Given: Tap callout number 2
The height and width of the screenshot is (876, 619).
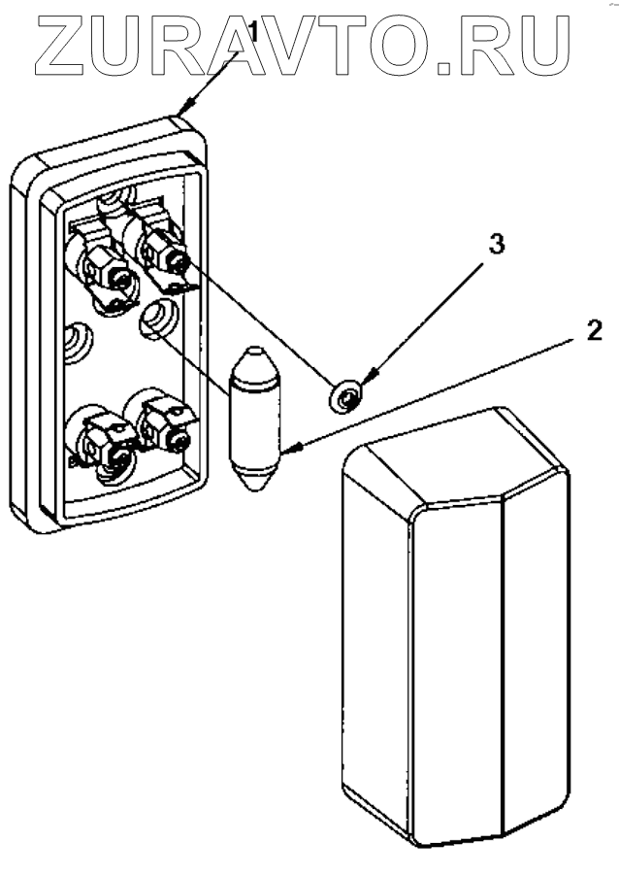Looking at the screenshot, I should (593, 331).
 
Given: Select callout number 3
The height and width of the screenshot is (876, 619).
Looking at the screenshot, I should (496, 245).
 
